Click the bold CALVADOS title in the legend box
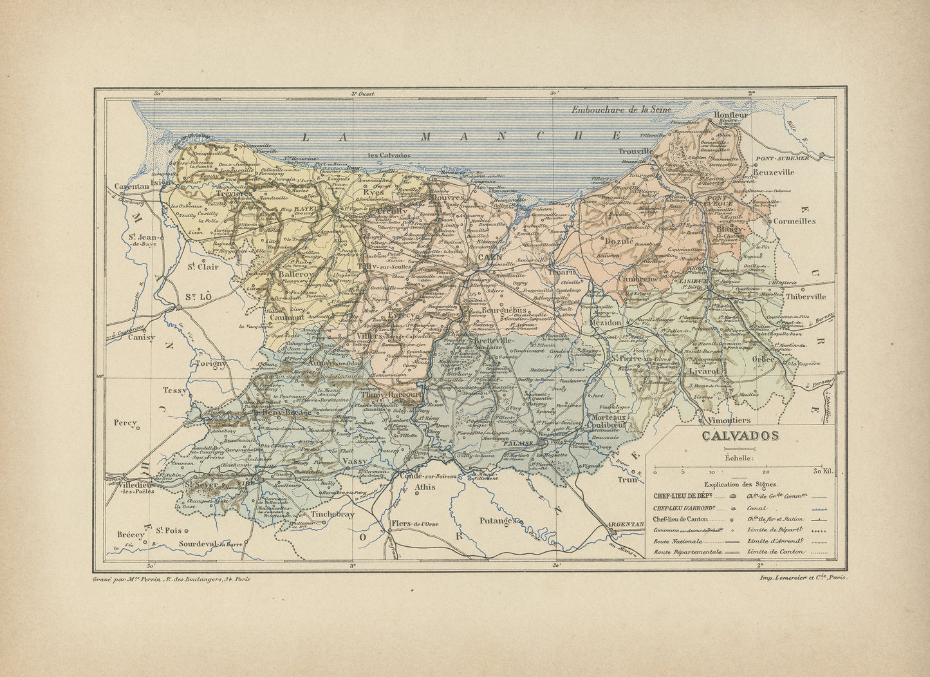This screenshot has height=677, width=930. tap(740, 436)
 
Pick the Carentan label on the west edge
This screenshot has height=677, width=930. tap(131, 186)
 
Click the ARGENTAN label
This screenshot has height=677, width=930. tap(626, 525)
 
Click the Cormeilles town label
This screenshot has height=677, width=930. tap(794, 221)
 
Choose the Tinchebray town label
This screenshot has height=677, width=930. tap(333, 515)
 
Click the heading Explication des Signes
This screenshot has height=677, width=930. tap(740, 484)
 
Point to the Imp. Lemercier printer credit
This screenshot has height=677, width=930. tap(803, 578)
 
